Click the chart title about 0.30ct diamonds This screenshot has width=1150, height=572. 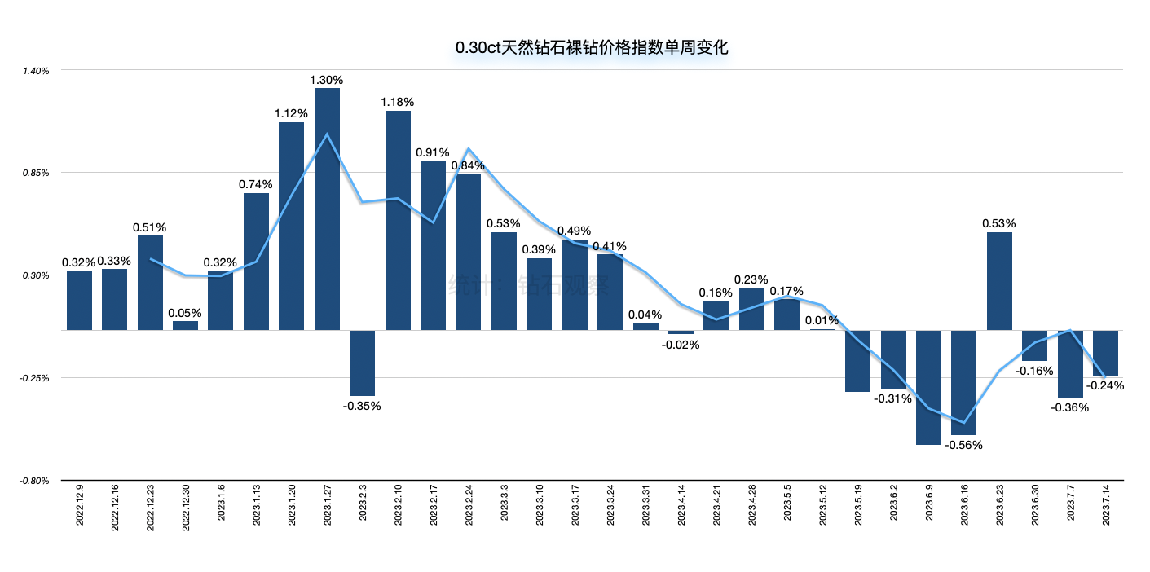point(591,47)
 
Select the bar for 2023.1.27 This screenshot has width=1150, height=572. point(327,209)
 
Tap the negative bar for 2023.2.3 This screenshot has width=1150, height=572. point(363,363)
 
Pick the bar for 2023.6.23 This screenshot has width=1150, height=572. point(1000,281)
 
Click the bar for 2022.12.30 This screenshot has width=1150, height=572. point(186,325)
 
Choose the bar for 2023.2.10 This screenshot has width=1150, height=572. point(398,220)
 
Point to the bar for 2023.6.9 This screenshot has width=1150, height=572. point(929,387)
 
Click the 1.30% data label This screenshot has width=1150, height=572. point(327,80)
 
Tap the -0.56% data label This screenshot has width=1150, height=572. point(964,445)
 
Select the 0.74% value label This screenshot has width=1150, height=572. point(255,184)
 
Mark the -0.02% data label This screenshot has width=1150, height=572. point(681,344)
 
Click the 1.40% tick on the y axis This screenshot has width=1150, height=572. point(37,71)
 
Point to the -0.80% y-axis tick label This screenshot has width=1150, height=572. point(36,481)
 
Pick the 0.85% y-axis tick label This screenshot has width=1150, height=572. point(37,173)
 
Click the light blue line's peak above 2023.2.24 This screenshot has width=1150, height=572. point(468,149)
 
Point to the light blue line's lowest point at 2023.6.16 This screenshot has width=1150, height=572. point(964,423)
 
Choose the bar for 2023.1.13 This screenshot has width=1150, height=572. point(256,261)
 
